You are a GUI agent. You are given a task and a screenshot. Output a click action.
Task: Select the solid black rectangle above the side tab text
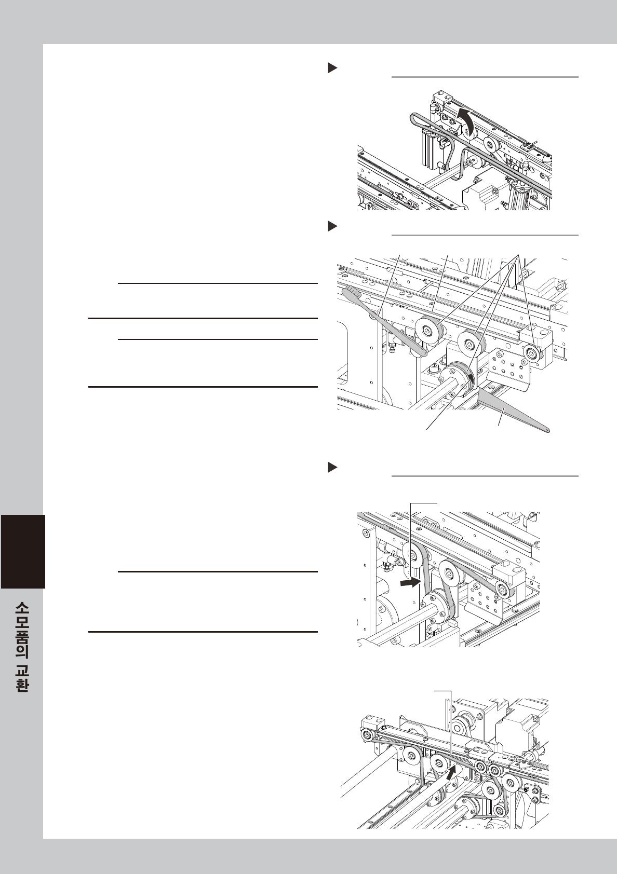23,552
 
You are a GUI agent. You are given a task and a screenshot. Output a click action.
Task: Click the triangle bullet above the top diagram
332,68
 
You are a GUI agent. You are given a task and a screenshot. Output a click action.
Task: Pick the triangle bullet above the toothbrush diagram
332,226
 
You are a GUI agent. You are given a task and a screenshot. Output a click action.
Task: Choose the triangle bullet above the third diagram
332,467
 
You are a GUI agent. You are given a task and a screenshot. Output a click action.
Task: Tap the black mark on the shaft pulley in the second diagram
471,377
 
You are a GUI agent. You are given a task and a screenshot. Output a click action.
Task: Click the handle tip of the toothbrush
423,353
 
